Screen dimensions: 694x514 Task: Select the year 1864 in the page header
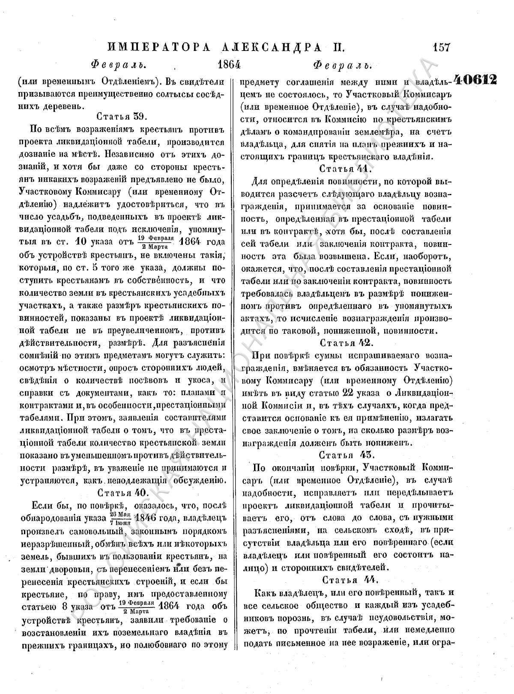pos(229,65)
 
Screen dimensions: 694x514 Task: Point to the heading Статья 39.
pos(122,116)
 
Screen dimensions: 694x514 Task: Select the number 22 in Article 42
pos(348,393)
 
